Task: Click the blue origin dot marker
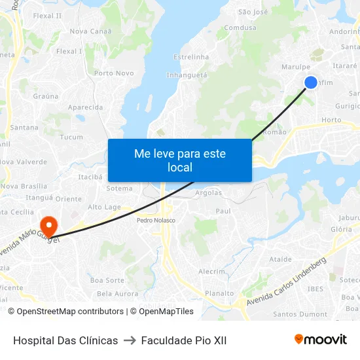click(x=311, y=82)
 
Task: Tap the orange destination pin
click(x=48, y=226)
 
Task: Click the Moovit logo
click(x=321, y=340)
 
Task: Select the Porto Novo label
click(x=114, y=73)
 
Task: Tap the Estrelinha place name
click(x=191, y=57)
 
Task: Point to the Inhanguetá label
click(x=187, y=75)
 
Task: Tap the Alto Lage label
click(x=104, y=207)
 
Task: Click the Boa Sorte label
click(x=107, y=280)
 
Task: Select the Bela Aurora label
click(x=118, y=294)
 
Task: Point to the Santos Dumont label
click(x=300, y=314)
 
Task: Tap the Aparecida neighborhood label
click(x=85, y=107)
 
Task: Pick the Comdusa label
click(x=240, y=28)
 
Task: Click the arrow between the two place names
click(x=130, y=340)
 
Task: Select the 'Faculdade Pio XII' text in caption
click(x=184, y=340)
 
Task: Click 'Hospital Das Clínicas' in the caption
click(x=65, y=340)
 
